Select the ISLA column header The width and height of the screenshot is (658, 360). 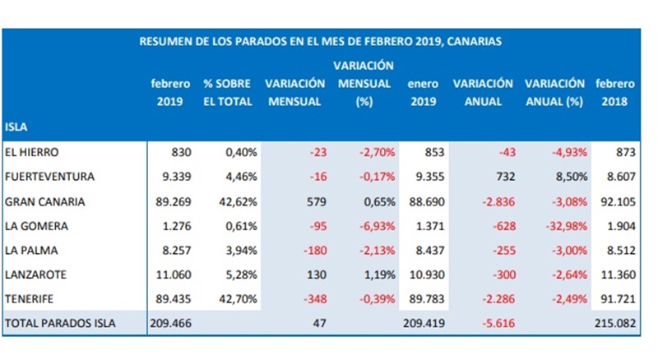17,127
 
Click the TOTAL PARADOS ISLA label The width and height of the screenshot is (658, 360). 60,324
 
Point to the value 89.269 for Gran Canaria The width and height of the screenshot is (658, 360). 172,201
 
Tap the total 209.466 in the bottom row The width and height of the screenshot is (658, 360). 169,324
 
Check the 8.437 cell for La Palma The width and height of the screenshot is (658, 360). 423,250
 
